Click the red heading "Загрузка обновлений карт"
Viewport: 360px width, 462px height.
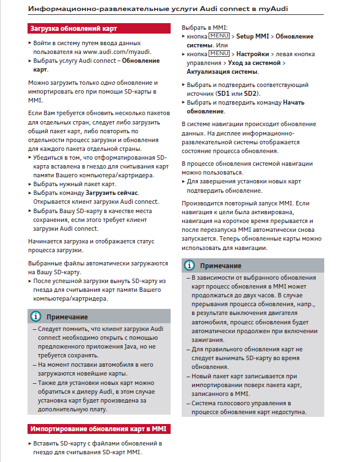point(73,28)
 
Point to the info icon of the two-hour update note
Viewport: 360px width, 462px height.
point(190,266)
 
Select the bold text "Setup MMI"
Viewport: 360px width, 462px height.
point(253,36)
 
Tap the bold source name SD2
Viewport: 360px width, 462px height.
point(250,94)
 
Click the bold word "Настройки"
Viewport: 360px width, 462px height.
point(252,55)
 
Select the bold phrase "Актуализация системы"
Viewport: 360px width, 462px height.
point(222,72)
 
